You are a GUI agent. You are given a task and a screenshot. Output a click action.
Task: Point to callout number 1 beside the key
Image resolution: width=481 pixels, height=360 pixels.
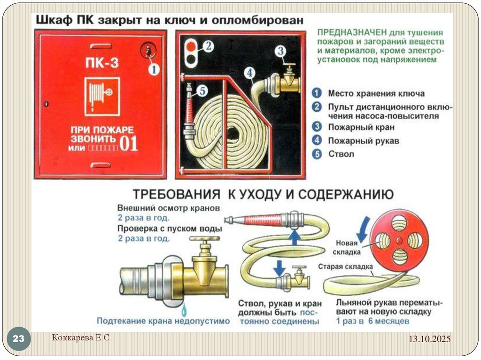click(x=154, y=69)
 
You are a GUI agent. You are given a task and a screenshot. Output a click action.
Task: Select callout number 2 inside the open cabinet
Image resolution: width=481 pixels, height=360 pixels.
click(x=209, y=46)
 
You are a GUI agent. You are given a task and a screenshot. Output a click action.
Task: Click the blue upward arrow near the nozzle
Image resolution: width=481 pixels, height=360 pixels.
click(x=294, y=237)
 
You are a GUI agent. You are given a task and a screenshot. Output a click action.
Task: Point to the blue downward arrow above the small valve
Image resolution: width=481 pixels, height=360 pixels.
click(x=279, y=268)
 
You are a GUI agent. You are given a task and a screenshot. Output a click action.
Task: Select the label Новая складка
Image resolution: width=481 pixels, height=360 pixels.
click(x=348, y=247)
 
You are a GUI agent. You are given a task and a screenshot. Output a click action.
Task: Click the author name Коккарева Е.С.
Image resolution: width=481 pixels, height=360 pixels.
click(x=81, y=337)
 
